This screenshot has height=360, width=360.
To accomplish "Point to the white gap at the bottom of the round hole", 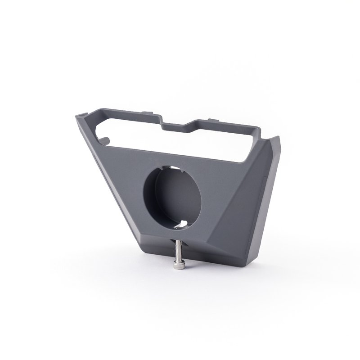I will click(x=182, y=224).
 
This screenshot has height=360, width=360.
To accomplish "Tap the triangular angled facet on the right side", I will click(x=252, y=180).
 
